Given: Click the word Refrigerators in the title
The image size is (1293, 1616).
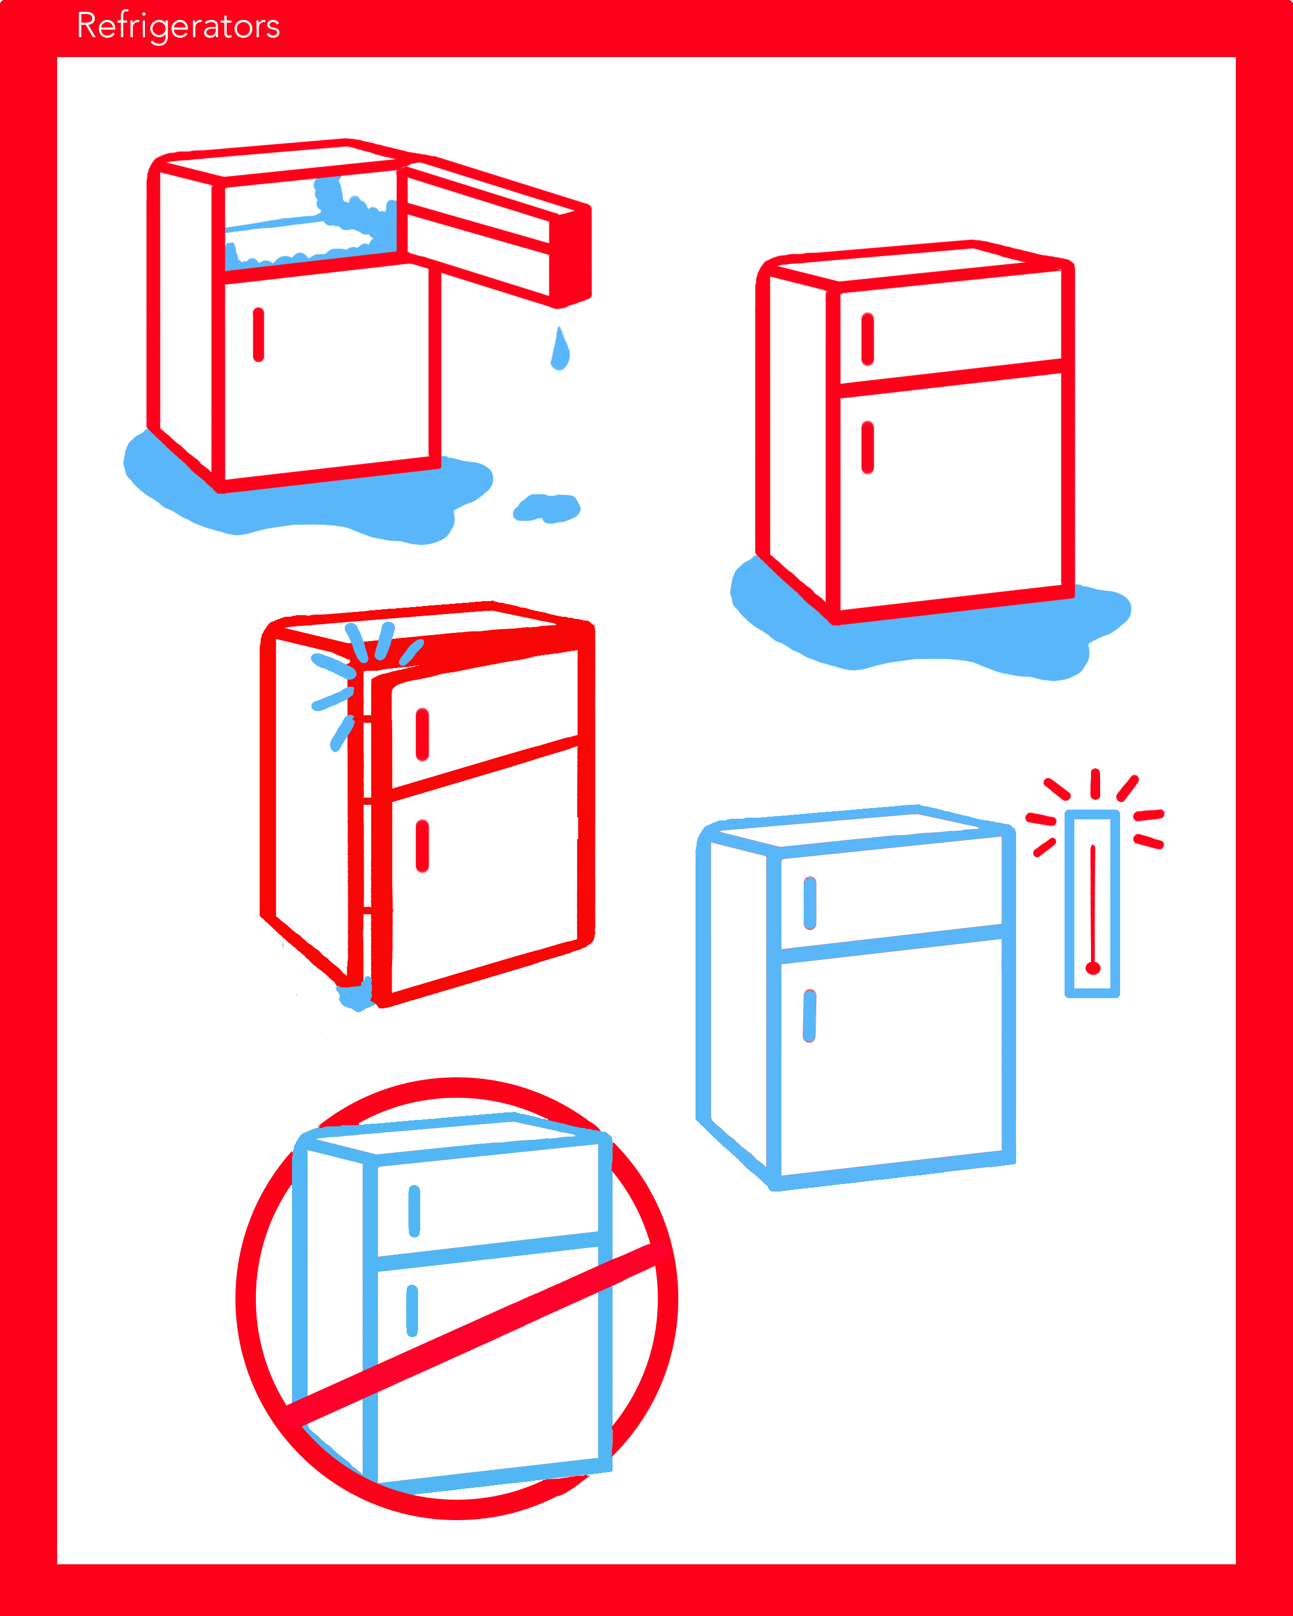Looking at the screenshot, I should coord(178,27).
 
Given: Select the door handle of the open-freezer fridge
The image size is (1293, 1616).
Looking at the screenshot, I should coord(259,335).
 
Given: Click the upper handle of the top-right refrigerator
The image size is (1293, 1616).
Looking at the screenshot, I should coord(867,339).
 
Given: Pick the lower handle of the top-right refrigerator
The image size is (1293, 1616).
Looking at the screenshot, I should coord(867,448).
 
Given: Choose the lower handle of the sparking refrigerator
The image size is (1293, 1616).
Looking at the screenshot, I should coord(422,846).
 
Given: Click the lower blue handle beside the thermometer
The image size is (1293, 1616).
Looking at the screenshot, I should coord(809,1015).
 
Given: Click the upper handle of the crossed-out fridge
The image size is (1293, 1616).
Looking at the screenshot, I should coord(414,1210).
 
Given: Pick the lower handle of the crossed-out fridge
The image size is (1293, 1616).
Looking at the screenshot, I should coord(412,1310).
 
